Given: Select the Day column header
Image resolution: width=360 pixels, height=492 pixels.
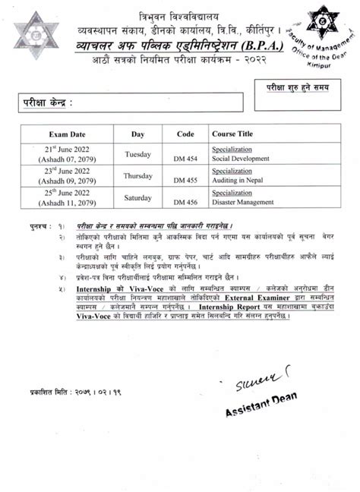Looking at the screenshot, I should tap(137, 134).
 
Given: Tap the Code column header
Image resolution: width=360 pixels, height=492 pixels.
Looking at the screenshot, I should tap(185, 134).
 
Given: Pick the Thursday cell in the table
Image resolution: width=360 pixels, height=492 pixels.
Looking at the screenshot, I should tap(138, 175).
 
